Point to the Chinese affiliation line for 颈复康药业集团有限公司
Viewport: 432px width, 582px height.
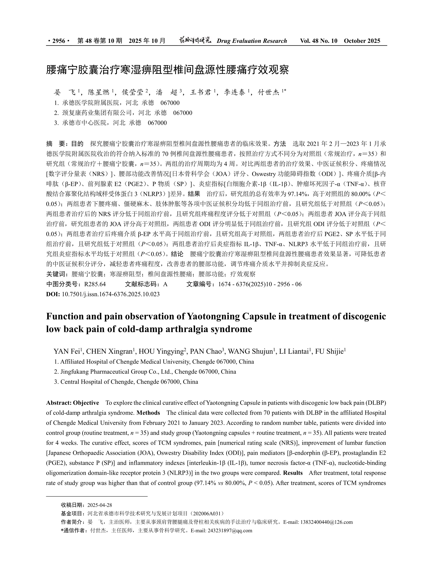pyautogui.click(x=123, y=113)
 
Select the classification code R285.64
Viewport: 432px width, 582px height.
pyautogui.click(x=95, y=284)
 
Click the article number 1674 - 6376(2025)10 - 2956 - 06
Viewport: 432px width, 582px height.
pyautogui.click(x=260, y=284)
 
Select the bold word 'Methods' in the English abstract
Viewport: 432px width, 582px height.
pyautogui.click(x=148, y=413)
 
